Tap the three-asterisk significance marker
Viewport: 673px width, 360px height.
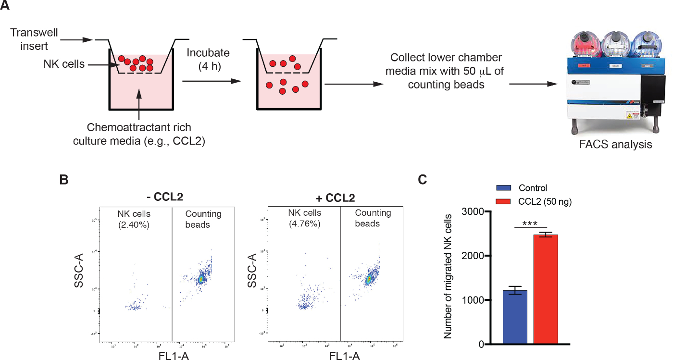[x=530, y=223]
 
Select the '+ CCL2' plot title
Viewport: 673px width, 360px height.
[x=335, y=198]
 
